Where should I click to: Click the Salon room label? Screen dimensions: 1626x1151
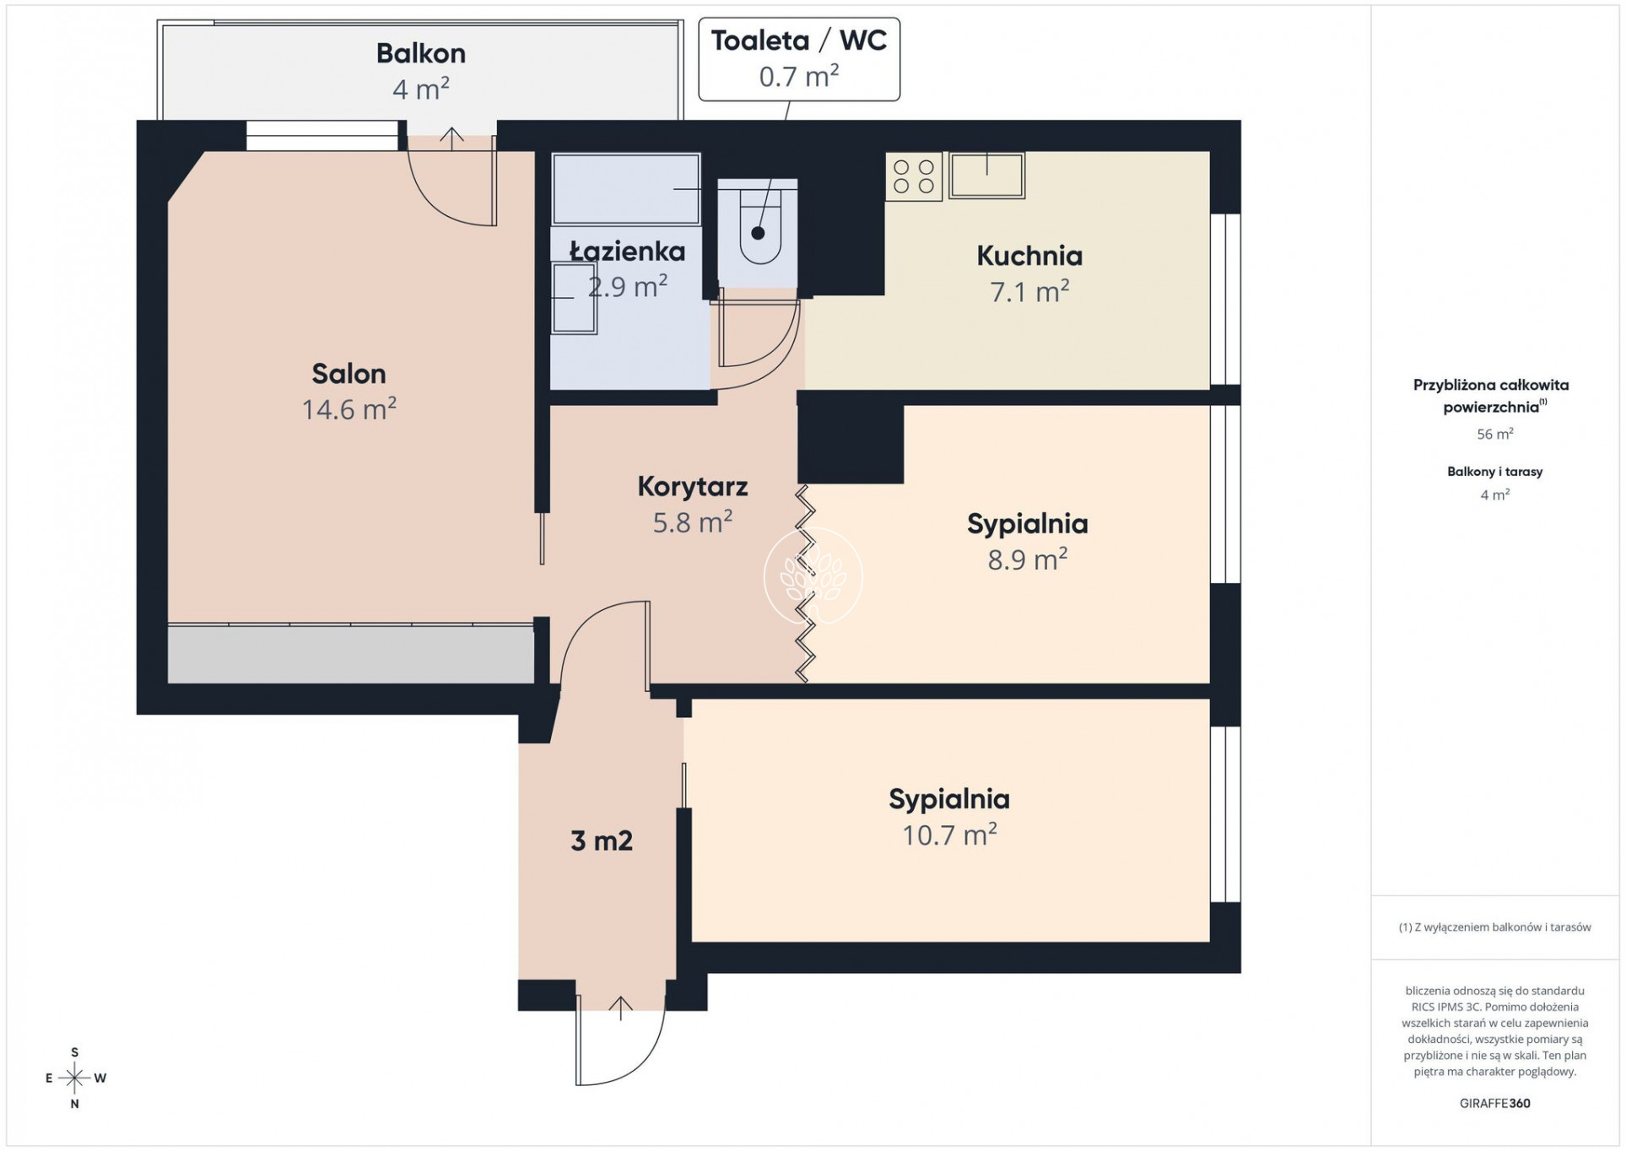coord(348,373)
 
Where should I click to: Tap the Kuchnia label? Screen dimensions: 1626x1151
coord(1029,255)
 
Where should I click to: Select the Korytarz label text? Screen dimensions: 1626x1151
coord(693,486)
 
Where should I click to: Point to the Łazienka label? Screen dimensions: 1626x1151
coord(627,251)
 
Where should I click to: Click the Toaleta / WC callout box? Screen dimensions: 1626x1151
coord(799,59)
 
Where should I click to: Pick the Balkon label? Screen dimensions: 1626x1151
coord(421,53)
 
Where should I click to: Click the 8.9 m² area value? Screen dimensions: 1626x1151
coord(1028,559)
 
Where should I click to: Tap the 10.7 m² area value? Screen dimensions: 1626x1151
coord(949,835)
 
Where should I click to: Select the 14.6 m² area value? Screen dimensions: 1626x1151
coord(349,409)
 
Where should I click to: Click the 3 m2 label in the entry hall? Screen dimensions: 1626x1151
coord(602,840)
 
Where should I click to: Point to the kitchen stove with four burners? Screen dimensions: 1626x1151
coord(914,176)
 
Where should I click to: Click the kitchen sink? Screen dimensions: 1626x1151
coord(987,176)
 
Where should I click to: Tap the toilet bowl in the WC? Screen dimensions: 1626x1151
coord(759,225)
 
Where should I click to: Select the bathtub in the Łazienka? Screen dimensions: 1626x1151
coord(626,189)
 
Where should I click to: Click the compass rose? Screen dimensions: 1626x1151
coord(74,1078)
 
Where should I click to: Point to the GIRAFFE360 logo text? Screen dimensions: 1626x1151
coord(1494,1103)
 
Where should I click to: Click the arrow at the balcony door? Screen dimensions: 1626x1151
coord(452,138)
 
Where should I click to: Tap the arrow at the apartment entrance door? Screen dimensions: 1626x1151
coord(620,1008)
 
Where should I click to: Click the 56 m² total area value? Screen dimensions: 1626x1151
coord(1494,434)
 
